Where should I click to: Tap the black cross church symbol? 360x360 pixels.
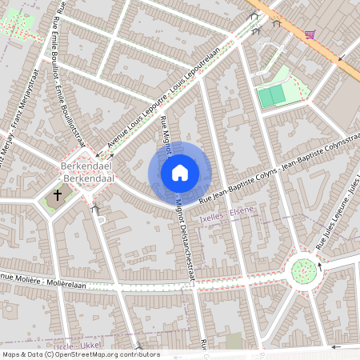click(x=58, y=194)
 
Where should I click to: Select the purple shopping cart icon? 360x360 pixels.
click(x=309, y=34)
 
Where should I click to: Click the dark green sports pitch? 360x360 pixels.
click(x=271, y=97)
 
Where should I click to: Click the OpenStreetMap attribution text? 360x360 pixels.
click(x=80, y=354)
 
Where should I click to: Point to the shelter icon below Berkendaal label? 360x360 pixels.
click(x=95, y=210)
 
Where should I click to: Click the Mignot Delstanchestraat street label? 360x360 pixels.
click(x=182, y=240)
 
